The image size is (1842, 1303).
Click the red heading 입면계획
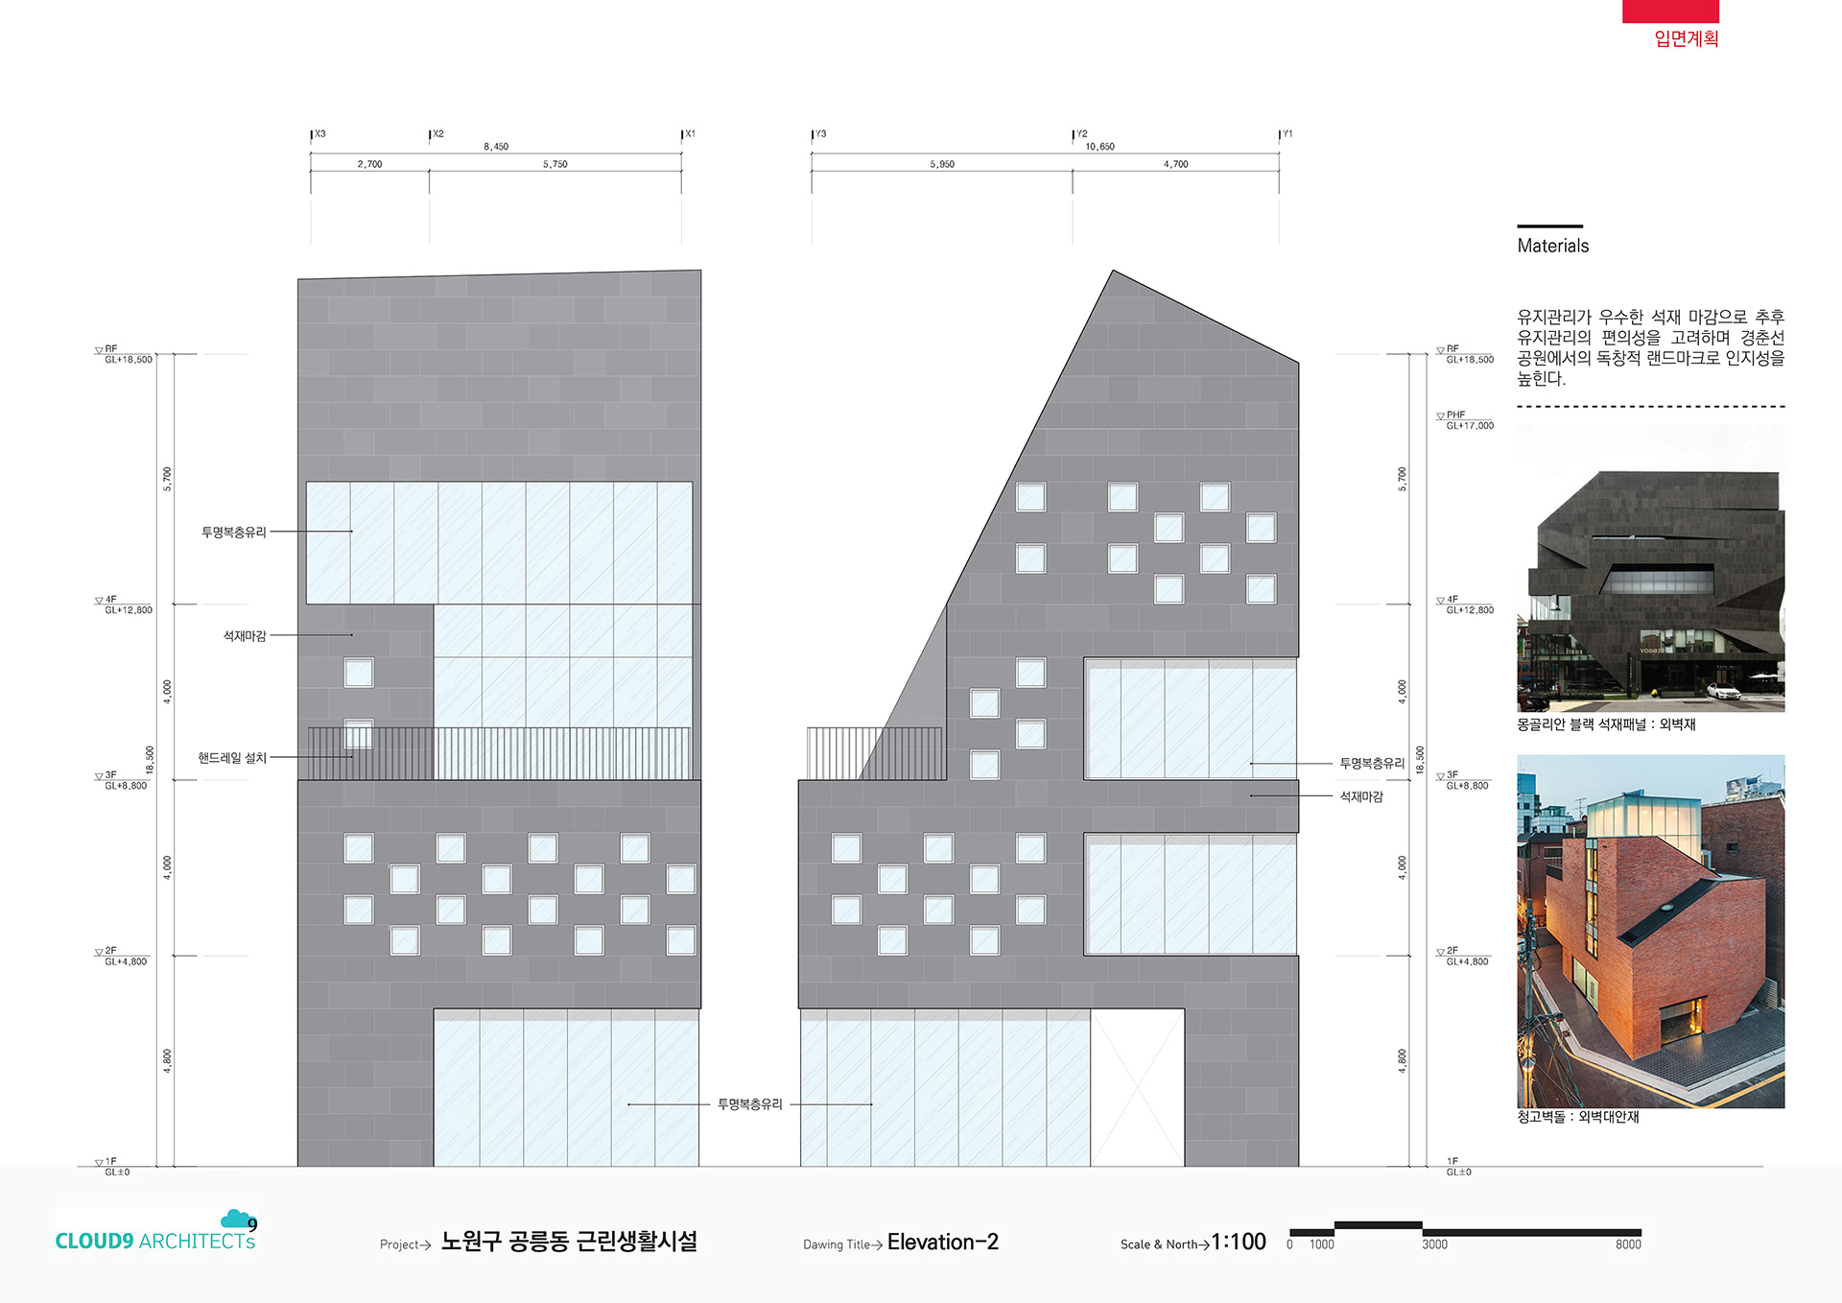(1686, 38)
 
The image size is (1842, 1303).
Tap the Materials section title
(1552, 246)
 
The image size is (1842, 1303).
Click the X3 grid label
(320, 134)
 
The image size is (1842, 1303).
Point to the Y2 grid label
(1082, 134)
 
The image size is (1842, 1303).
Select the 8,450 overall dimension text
(496, 147)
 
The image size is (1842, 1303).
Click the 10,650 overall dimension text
(1099, 147)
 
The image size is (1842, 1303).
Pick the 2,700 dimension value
(369, 164)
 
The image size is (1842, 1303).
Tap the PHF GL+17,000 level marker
(1466, 420)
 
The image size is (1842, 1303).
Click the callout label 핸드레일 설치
(232, 758)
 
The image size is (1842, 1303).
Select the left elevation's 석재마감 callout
(245, 636)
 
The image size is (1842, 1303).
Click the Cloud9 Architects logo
(156, 1230)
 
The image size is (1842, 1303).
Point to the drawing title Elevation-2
(942, 1242)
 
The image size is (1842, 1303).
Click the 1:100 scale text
(1239, 1242)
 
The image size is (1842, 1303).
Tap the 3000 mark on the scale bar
(1434, 1244)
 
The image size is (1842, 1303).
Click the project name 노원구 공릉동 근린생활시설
(569, 1242)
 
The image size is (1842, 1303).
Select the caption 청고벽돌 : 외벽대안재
(1577, 1117)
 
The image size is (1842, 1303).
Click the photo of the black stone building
(1650, 568)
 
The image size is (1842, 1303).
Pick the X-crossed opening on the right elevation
(1137, 1087)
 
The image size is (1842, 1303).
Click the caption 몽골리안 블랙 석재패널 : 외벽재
(1606, 724)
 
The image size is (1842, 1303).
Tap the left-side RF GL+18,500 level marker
(125, 354)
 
